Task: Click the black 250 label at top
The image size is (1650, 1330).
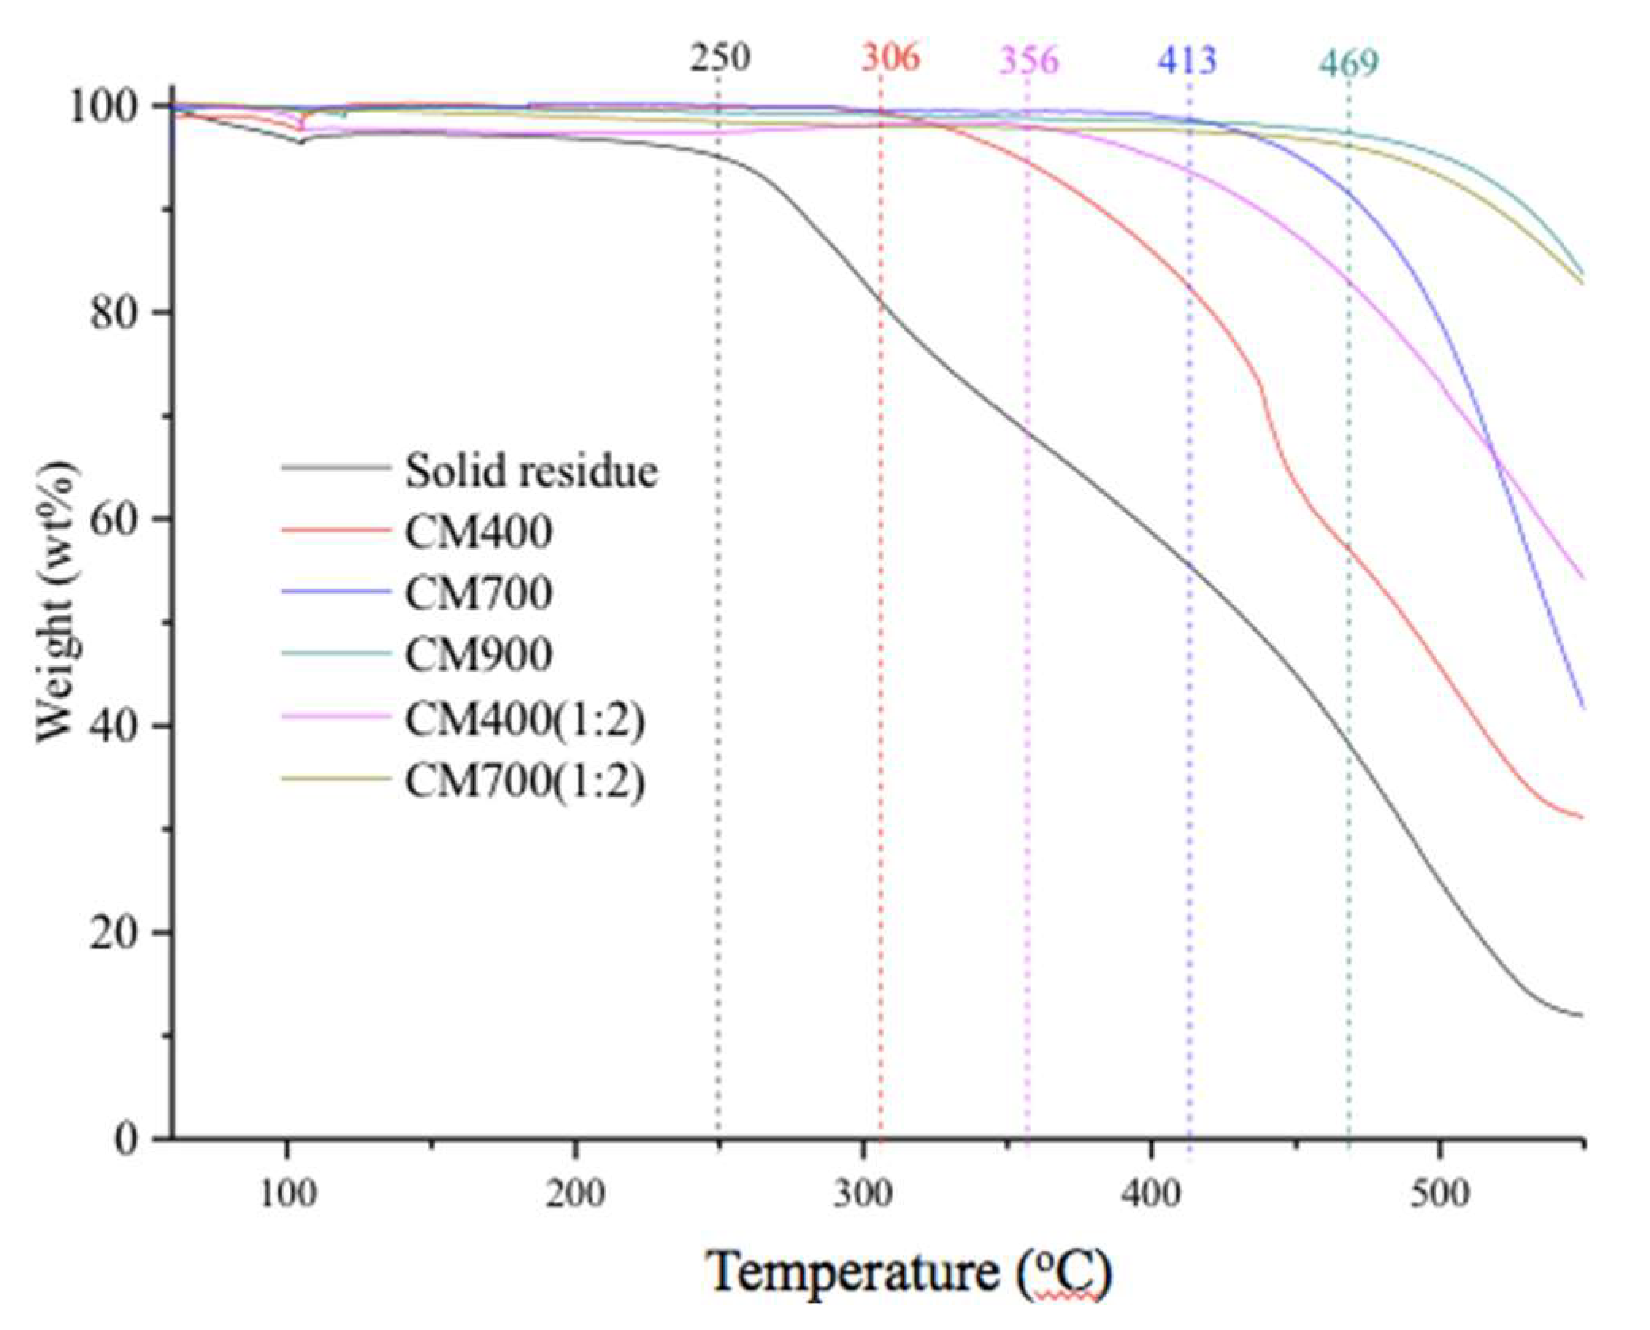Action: pos(719,58)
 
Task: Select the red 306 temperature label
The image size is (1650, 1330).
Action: pos(890,58)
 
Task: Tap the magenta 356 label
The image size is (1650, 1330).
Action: pos(1028,60)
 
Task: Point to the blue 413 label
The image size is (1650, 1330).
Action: pos(1187,60)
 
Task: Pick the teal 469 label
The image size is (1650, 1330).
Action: pos(1349,63)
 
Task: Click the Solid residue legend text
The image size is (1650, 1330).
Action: pos(531,471)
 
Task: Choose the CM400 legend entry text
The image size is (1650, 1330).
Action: pos(478,532)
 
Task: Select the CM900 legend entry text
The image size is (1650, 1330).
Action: pos(478,655)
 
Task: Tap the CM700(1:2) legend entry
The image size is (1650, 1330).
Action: pos(524,781)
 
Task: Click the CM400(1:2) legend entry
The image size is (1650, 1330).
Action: pos(524,719)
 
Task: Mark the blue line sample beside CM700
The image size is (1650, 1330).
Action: pos(336,592)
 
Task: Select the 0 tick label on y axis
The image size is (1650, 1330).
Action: pos(125,1140)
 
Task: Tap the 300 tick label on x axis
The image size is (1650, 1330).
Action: pos(862,1193)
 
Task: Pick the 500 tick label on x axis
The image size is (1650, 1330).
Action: pos(1439,1193)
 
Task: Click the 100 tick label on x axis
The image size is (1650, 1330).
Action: pos(287,1193)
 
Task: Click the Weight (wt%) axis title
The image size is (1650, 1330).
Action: pos(57,603)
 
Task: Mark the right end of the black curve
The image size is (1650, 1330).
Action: pos(1580,1014)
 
